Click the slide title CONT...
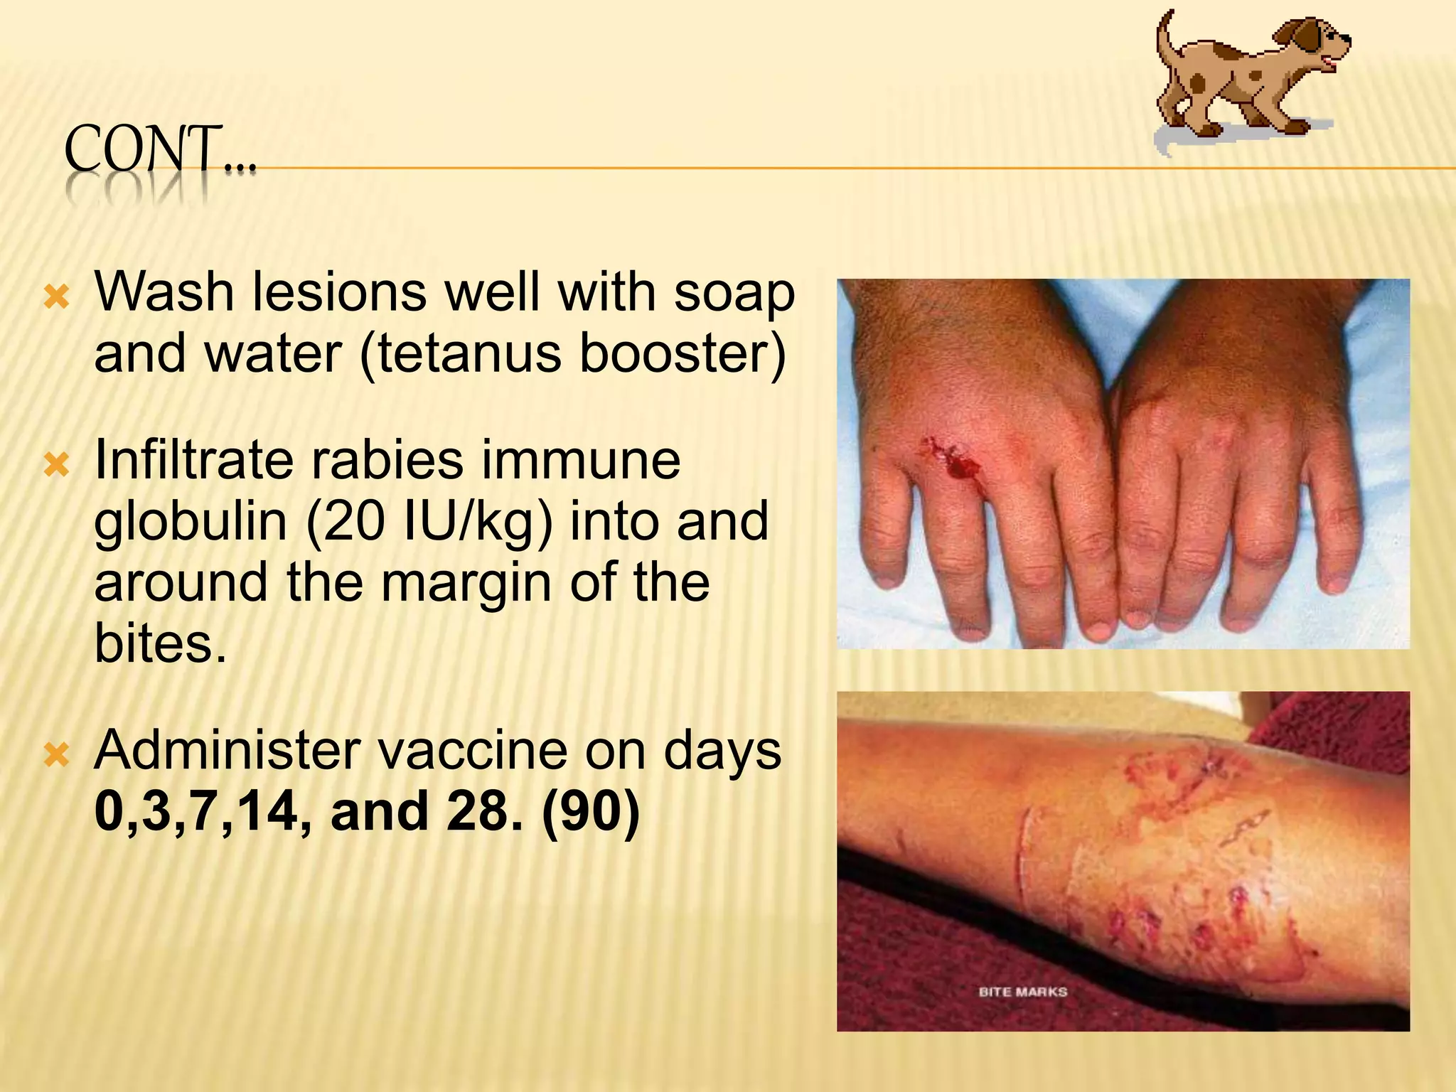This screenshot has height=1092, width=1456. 160,150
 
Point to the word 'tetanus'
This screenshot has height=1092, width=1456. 470,353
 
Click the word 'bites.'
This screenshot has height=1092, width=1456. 160,643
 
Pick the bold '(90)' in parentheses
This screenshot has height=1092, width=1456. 589,812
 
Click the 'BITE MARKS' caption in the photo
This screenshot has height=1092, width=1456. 1022,992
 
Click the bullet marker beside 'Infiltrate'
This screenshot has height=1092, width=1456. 57,466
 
